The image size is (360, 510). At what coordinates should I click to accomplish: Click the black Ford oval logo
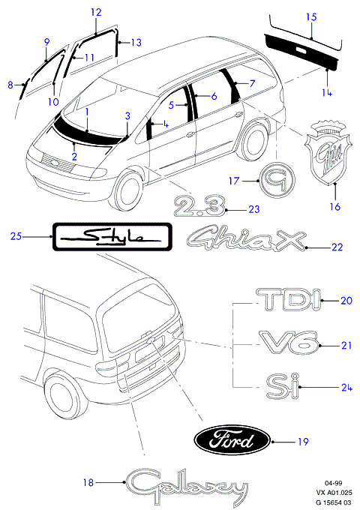232,441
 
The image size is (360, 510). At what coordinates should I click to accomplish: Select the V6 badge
289,343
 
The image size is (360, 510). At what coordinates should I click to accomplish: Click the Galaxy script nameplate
185,486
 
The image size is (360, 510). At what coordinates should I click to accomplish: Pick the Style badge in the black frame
112,237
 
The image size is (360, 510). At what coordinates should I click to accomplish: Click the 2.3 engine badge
199,205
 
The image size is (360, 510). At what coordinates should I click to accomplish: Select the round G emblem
277,179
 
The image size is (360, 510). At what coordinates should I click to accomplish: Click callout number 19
303,442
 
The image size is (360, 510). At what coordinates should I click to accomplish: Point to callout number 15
311,16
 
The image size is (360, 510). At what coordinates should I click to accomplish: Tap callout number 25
16,236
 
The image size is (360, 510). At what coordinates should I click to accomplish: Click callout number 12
96,12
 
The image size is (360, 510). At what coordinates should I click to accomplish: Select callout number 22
337,247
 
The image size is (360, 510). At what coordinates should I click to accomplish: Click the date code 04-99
334,483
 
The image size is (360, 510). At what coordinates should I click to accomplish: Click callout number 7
252,83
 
